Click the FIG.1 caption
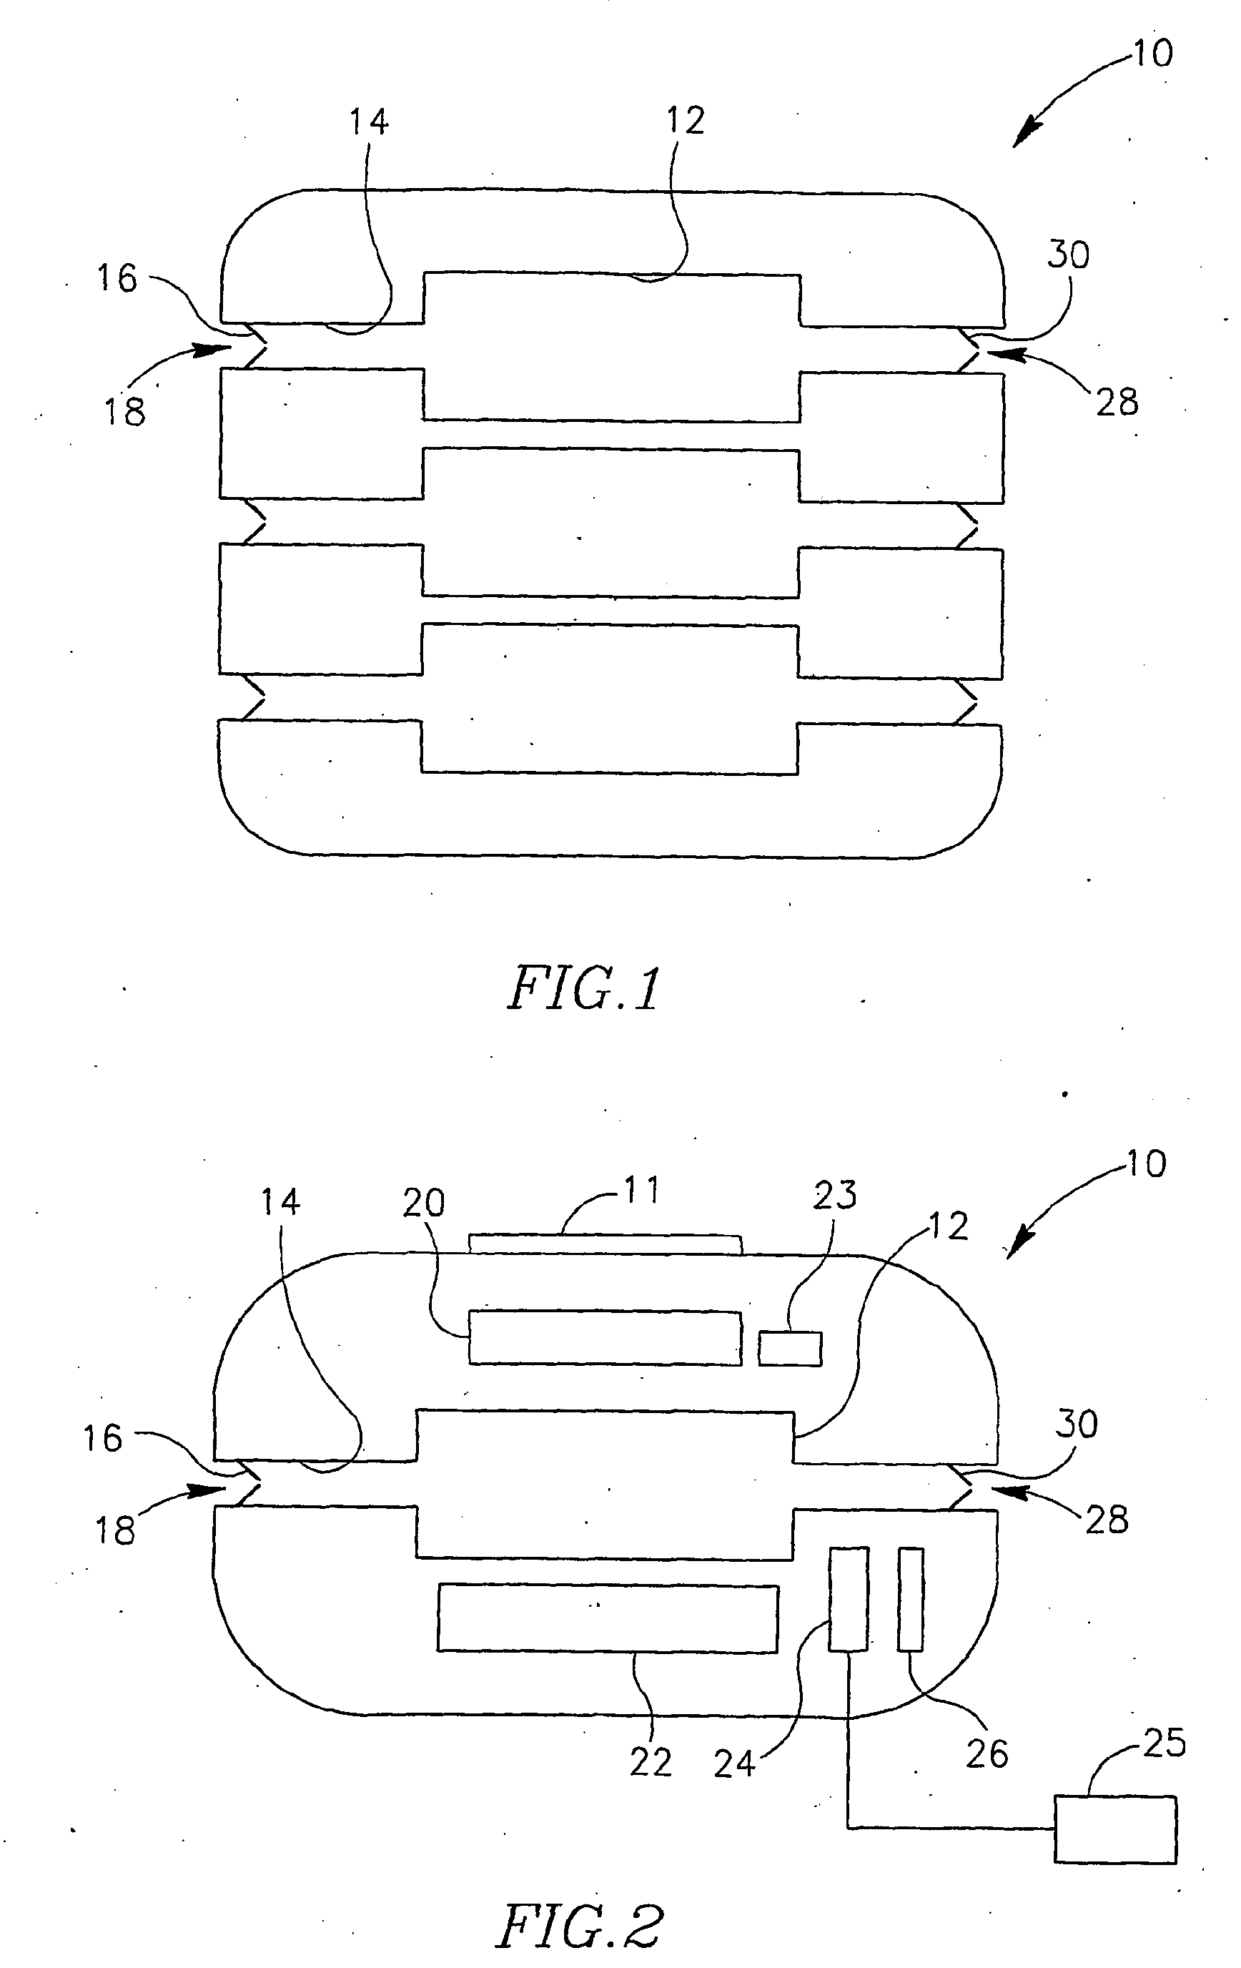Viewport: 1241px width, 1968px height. coord(583,990)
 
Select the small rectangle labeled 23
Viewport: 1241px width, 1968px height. coord(789,1348)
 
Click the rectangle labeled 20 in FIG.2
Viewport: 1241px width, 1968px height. coord(605,1337)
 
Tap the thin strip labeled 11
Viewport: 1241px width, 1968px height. coord(605,1244)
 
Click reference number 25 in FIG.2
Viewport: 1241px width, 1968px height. coord(1163,1743)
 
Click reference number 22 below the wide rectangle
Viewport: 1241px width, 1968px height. coord(651,1763)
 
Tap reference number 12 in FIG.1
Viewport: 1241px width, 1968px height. coord(685,121)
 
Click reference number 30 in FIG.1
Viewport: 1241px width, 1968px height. coord(1068,256)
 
